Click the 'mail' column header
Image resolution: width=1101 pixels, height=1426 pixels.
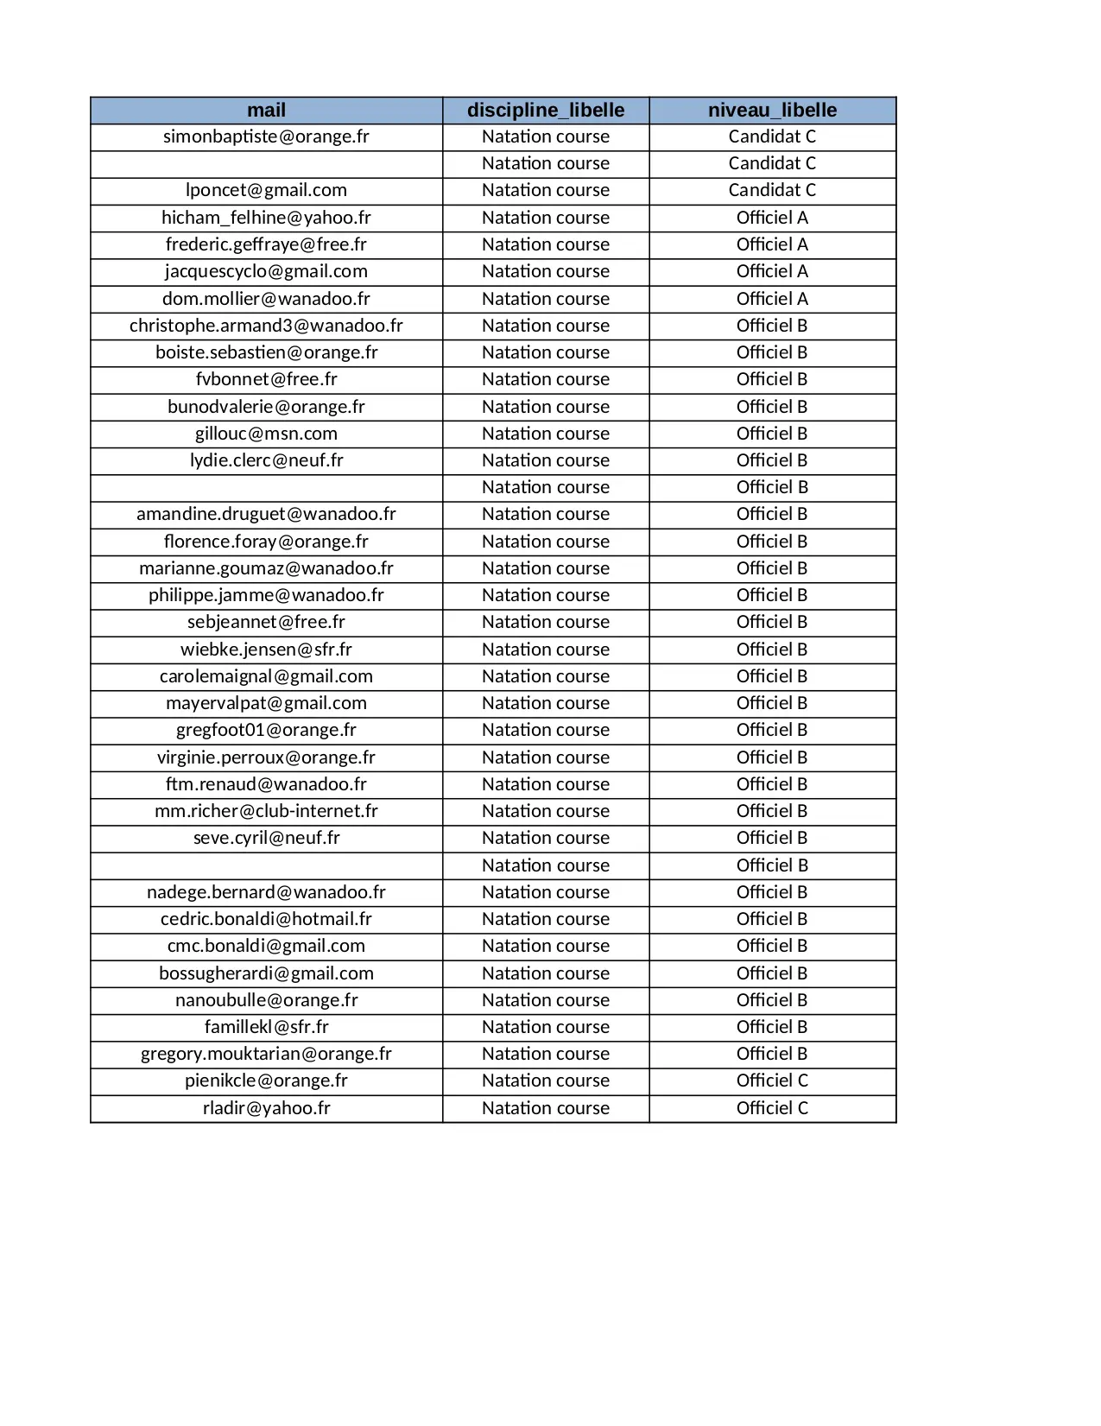[266, 111]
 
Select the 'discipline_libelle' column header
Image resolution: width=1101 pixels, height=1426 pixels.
[546, 111]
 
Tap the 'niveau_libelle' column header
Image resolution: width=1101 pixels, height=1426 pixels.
[772, 111]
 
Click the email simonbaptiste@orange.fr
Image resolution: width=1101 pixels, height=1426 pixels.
[266, 136]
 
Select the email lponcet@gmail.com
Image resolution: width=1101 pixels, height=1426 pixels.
[266, 190]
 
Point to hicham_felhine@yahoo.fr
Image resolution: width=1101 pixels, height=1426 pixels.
[266, 218]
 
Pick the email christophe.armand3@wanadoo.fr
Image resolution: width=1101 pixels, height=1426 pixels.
[266, 326]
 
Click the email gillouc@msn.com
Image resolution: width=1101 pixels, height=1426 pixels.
[266, 434]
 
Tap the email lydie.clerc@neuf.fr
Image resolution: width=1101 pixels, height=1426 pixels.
[266, 460]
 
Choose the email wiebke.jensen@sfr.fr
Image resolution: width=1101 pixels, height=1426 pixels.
[266, 650]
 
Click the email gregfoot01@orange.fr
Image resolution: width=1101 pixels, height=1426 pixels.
[266, 730]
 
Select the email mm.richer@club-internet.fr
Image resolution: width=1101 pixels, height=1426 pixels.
[266, 811]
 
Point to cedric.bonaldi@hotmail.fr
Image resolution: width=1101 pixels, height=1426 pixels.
[266, 919]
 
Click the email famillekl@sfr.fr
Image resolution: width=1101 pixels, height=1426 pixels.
[266, 1027]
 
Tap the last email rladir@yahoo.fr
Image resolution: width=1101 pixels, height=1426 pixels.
[266, 1108]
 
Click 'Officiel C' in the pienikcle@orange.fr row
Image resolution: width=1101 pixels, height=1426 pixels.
[772, 1081]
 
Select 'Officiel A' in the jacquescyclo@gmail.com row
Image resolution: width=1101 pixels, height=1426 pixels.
[772, 271]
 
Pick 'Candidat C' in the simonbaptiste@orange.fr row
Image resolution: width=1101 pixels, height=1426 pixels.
[772, 136]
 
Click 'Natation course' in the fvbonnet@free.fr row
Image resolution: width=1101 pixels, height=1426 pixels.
[546, 379]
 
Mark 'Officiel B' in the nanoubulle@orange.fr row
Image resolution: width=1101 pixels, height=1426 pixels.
[772, 1000]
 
